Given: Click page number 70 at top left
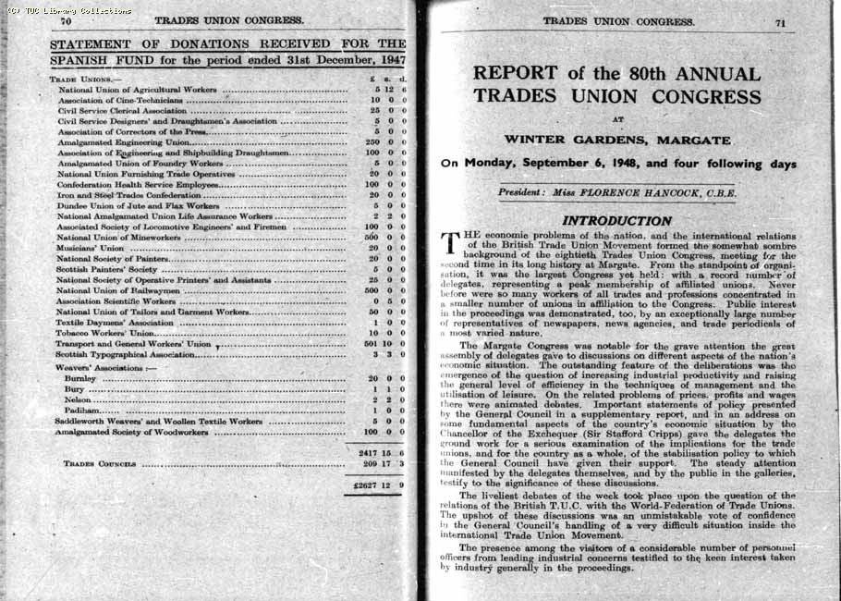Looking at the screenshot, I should click(x=67, y=20).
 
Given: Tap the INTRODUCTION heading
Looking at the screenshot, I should click(x=616, y=221).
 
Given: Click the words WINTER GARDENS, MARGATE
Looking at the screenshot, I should click(x=616, y=140).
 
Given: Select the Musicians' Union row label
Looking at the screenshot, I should click(x=90, y=248).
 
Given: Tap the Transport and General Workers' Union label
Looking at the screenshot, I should click(x=133, y=344).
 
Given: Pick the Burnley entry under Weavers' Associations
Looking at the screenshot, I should click(x=80, y=378).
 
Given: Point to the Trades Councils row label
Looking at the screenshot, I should click(x=100, y=463).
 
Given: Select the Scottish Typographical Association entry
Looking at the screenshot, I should click(x=125, y=354).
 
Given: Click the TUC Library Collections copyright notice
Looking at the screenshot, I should click(x=69, y=10).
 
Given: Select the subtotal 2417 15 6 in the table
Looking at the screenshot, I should click(x=382, y=452).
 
